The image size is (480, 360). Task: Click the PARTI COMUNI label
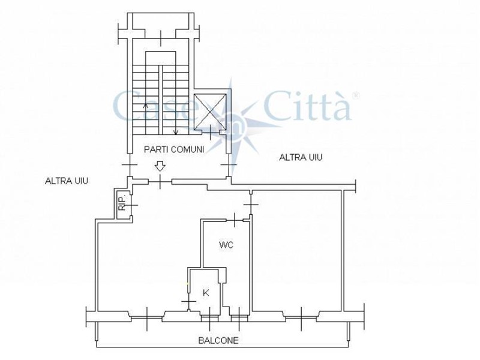174,149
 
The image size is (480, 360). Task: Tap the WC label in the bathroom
226,245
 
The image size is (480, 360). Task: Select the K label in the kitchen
206,293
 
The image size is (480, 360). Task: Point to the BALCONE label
218,340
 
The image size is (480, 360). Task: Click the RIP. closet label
122,203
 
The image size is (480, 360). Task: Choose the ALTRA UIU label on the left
67,181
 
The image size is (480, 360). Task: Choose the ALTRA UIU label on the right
301,157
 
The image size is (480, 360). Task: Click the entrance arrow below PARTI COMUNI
160,167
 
